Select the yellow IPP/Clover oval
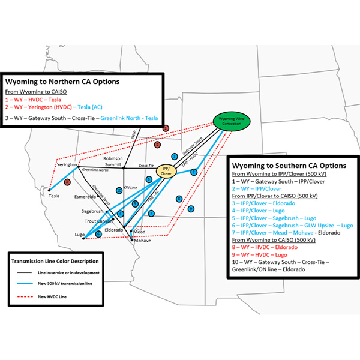click(x=167, y=171)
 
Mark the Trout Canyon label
click(x=94, y=221)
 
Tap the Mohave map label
click(x=143, y=241)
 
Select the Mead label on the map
click(x=140, y=231)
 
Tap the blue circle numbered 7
click(x=151, y=213)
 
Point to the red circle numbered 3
click(x=68, y=182)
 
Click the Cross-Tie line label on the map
click(x=146, y=165)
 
